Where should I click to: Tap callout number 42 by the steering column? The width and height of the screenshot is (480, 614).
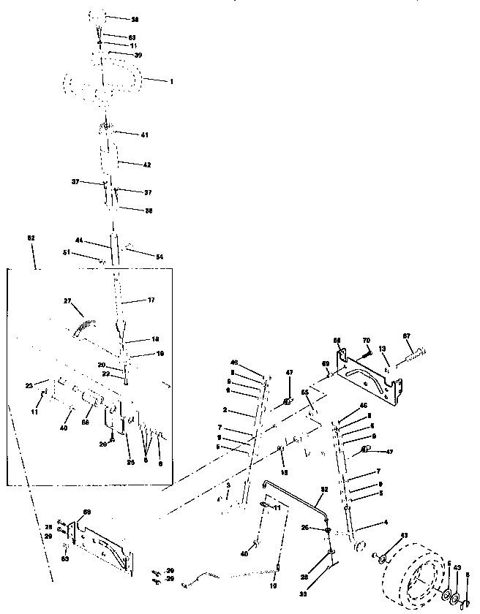pos(147,165)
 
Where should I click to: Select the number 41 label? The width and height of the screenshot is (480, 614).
pos(144,134)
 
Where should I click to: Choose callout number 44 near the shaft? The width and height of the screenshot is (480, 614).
pos(78,240)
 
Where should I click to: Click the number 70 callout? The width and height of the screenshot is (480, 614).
pos(367,340)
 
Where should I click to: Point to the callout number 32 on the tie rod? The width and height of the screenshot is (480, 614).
pos(323,490)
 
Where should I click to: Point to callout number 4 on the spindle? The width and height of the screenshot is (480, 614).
pos(384,523)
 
